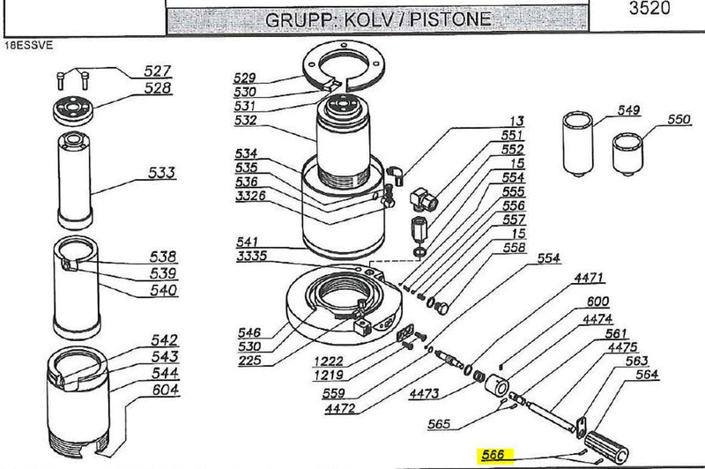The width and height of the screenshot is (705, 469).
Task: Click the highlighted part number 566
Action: point(492,455)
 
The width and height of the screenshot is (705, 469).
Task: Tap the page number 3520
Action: point(649,10)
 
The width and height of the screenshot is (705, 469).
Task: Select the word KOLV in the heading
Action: point(371,19)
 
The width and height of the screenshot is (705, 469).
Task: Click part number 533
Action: point(162,172)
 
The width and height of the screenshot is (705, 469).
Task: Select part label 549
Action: point(628,110)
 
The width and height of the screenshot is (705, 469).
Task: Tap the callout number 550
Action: point(679,119)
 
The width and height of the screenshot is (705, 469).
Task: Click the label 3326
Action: point(251,195)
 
